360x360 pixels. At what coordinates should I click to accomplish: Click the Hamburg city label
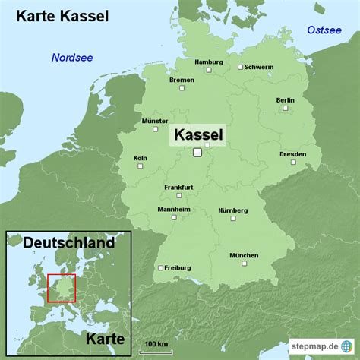pyautogui.click(x=208, y=62)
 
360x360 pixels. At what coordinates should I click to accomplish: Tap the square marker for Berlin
pyautogui.click(x=286, y=109)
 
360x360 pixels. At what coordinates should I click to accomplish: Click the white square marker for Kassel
pyautogui.click(x=197, y=153)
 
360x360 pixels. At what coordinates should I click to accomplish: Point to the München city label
pyautogui.click(x=244, y=255)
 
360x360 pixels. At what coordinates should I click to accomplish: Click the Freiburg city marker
pyautogui.click(x=159, y=267)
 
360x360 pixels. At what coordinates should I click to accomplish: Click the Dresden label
pyautogui.click(x=292, y=154)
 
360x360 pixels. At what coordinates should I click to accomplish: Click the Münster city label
pyautogui.click(x=155, y=121)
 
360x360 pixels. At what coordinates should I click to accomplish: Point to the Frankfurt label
pyautogui.click(x=178, y=187)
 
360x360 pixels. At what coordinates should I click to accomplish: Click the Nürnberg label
pyautogui.click(x=232, y=210)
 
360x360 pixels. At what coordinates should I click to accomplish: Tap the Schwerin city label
pyautogui.click(x=258, y=67)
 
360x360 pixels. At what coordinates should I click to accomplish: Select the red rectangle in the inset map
pyautogui.click(x=62, y=289)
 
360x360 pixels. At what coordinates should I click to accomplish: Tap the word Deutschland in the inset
pyautogui.click(x=68, y=243)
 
